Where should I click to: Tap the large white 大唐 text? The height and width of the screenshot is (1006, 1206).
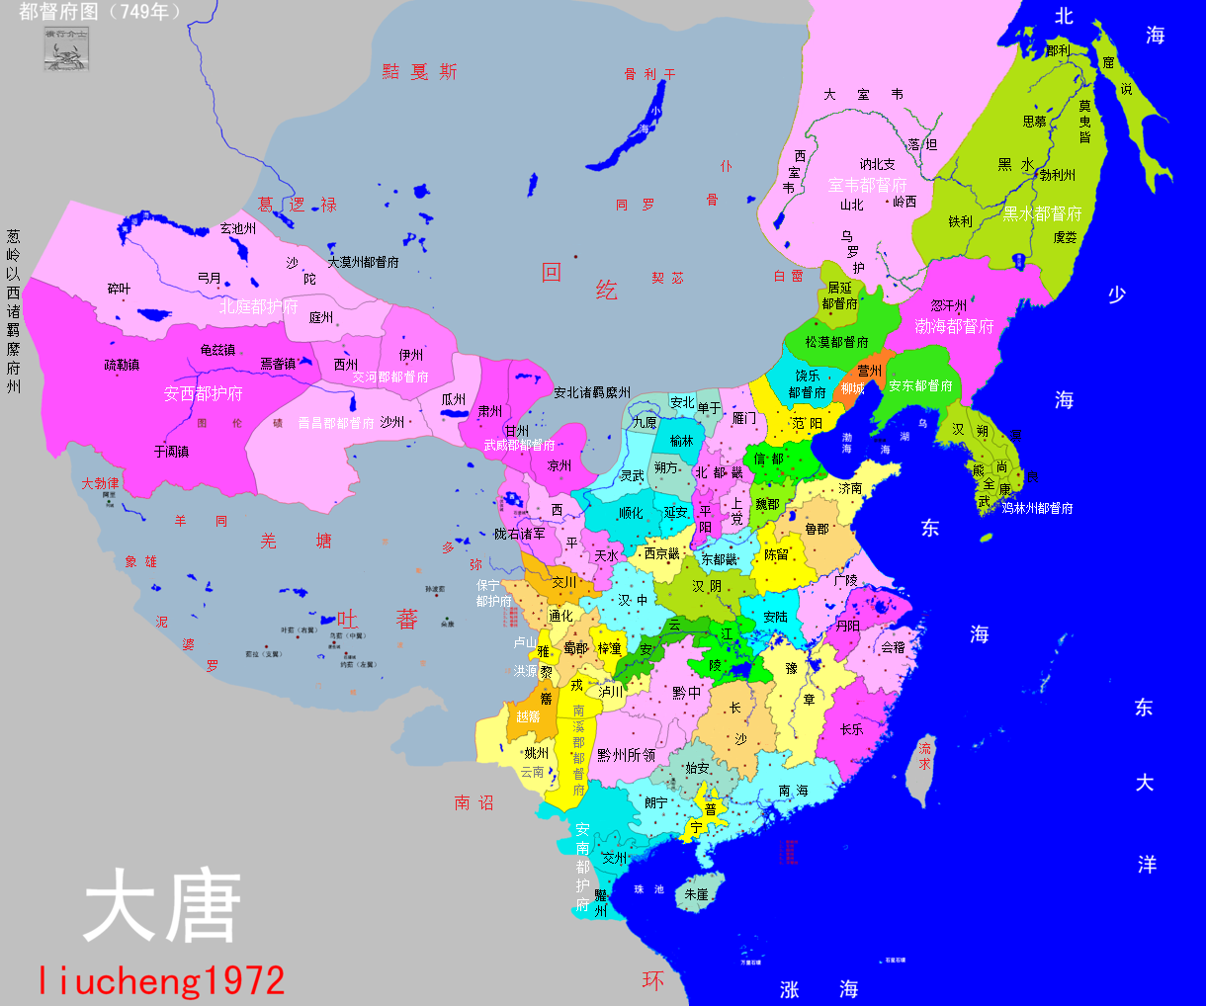[x=163, y=906]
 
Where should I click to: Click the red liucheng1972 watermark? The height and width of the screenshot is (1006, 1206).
[x=162, y=979]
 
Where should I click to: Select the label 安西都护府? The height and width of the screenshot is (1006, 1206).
[x=204, y=393]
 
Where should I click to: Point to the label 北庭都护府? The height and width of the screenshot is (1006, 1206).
[x=258, y=306]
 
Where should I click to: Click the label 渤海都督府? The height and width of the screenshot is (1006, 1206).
[x=954, y=325]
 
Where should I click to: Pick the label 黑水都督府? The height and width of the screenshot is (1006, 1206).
[x=1042, y=213]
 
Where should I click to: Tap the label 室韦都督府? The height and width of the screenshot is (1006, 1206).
[x=867, y=185]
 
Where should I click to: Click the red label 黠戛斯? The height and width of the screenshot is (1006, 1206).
[x=420, y=72]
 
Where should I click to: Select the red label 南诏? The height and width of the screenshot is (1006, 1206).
[x=474, y=802]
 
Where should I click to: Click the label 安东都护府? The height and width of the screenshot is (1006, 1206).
[x=920, y=385]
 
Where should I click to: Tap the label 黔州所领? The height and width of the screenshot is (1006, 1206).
[x=626, y=755]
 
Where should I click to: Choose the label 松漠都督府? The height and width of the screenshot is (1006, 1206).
[x=836, y=342]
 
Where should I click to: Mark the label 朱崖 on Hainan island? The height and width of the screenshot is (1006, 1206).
[x=696, y=893]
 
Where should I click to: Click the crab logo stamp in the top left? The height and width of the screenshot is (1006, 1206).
[x=66, y=49]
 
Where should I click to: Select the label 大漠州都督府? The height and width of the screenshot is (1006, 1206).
[x=363, y=262]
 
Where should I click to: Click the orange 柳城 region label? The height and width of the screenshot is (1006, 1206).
[x=852, y=388]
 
